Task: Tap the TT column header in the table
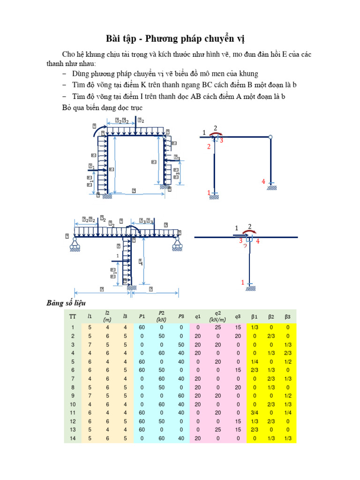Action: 72,316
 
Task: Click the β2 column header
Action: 271,316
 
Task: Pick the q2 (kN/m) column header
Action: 217,316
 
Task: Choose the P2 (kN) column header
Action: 161,316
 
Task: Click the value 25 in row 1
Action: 217,327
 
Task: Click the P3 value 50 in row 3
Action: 181,345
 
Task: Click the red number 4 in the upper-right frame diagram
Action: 263,181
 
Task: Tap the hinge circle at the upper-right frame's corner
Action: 270,137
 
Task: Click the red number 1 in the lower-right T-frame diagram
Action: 243,282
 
